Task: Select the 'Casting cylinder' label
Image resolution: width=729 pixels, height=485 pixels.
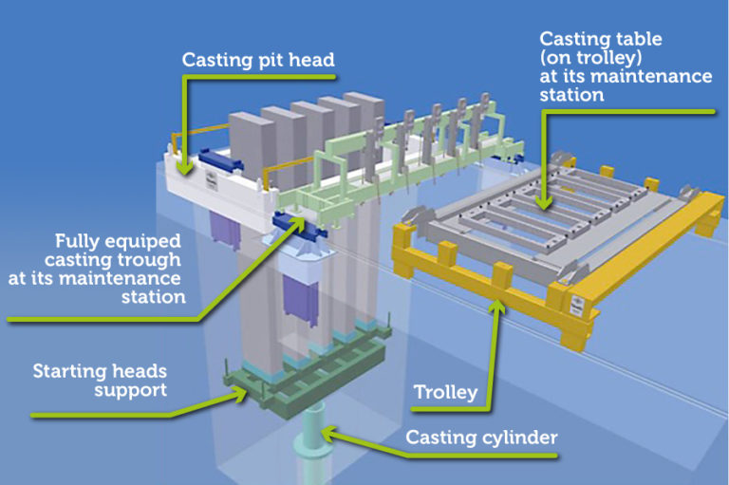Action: (x=481, y=438)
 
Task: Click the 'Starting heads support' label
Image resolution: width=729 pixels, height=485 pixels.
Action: (x=100, y=380)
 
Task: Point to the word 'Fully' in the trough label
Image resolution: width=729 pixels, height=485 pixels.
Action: (x=77, y=240)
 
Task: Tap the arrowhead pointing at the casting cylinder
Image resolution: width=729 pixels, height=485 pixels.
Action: (x=326, y=433)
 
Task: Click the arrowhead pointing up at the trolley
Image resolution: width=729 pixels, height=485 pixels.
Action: (x=495, y=306)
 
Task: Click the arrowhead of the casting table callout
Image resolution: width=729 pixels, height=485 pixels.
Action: (x=541, y=201)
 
